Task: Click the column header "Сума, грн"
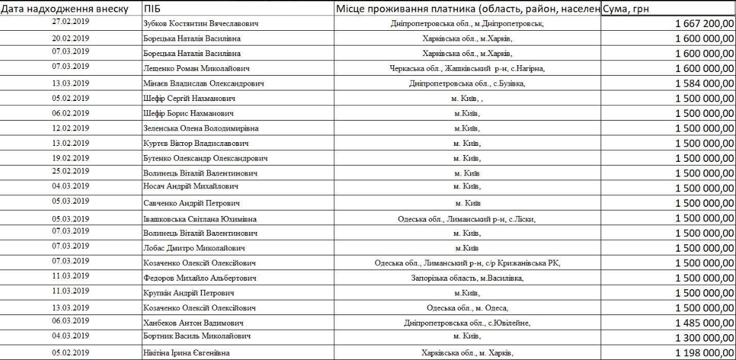coord(626,9)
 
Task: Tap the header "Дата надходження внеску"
coord(64,9)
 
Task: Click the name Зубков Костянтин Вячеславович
coord(199,24)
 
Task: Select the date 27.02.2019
coord(72,22)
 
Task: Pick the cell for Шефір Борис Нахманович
coord(188,113)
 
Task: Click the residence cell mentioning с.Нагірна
coord(467,68)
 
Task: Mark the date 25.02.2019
coord(72,171)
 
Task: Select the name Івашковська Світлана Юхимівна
coord(199,218)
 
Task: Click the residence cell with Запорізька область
coord(467,278)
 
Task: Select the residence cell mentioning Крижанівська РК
coord(467,263)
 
